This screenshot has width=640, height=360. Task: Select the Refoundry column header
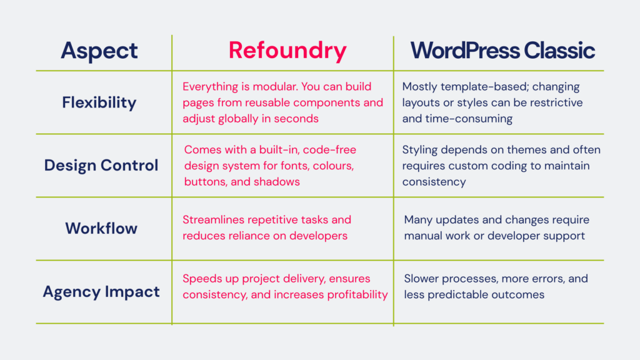coord(287,51)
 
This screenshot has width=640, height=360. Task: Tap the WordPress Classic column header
coord(502,51)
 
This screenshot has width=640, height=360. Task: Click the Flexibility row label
coord(99,102)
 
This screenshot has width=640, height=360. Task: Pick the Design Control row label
coord(101,166)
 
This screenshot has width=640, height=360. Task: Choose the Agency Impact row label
coord(101,292)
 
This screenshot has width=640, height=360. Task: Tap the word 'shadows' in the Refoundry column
coord(279,182)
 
